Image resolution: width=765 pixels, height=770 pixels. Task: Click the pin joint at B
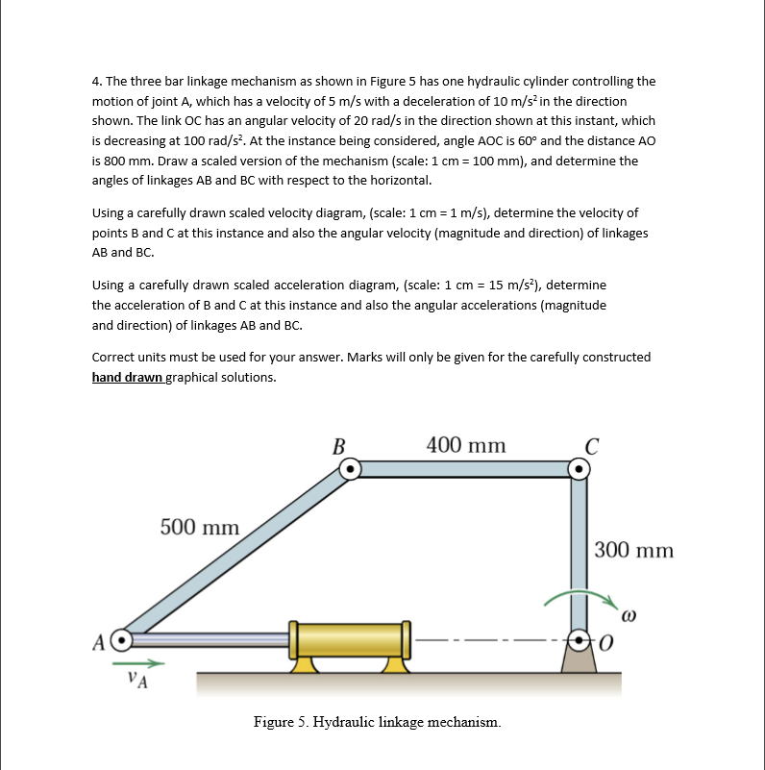[x=350, y=469]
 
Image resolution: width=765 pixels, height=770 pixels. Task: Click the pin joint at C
[x=579, y=469]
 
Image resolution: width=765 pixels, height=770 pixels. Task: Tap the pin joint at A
[x=122, y=640]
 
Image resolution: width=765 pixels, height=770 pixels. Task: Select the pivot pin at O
[x=579, y=640]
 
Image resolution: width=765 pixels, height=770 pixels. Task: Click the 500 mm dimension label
[x=200, y=528]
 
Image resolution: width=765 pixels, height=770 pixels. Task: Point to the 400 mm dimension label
[x=466, y=445]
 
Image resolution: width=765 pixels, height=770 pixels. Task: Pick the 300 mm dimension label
[x=634, y=550]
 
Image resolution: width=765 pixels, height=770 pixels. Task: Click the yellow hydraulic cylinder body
[x=350, y=640]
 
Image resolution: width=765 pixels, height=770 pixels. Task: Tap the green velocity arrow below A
[x=138, y=663]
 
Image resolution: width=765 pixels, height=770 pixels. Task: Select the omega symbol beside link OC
[x=629, y=616]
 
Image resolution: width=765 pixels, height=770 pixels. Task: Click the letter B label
[x=338, y=447]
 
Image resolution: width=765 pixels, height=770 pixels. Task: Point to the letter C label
[x=592, y=447]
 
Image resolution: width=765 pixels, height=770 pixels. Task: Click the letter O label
[x=606, y=643]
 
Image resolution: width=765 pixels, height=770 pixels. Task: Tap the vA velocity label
[x=137, y=680]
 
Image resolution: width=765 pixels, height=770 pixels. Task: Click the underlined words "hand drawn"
[x=127, y=377]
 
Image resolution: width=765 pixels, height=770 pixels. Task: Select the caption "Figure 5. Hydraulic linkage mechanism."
[x=377, y=722]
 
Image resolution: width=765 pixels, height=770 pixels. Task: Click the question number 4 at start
[x=97, y=82]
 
